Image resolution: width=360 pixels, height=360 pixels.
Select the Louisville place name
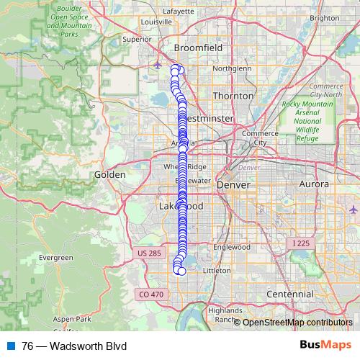[157, 22]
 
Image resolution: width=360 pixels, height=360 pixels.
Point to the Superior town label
[136, 40]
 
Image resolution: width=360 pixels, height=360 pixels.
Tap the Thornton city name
[233, 96]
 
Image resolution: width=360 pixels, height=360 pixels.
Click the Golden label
[110, 175]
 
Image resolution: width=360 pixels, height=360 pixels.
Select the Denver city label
[233, 185]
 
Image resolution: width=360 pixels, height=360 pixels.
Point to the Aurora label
[314, 185]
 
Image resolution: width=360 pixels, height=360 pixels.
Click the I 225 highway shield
[300, 243]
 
